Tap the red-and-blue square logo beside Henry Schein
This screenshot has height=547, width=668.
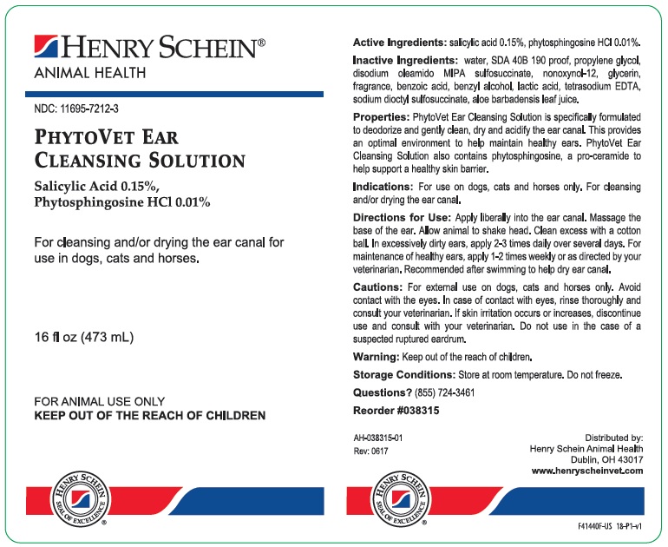click(46, 47)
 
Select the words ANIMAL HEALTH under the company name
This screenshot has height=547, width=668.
click(89, 73)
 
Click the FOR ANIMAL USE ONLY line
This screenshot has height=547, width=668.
click(99, 402)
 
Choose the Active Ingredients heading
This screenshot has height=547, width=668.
click(399, 42)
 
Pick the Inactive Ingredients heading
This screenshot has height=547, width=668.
click(405, 60)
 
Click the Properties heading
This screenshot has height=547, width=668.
click(381, 115)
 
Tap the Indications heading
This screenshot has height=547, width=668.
click(383, 187)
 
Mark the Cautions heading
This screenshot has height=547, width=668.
click(377, 287)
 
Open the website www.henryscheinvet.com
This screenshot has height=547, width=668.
click(586, 471)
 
